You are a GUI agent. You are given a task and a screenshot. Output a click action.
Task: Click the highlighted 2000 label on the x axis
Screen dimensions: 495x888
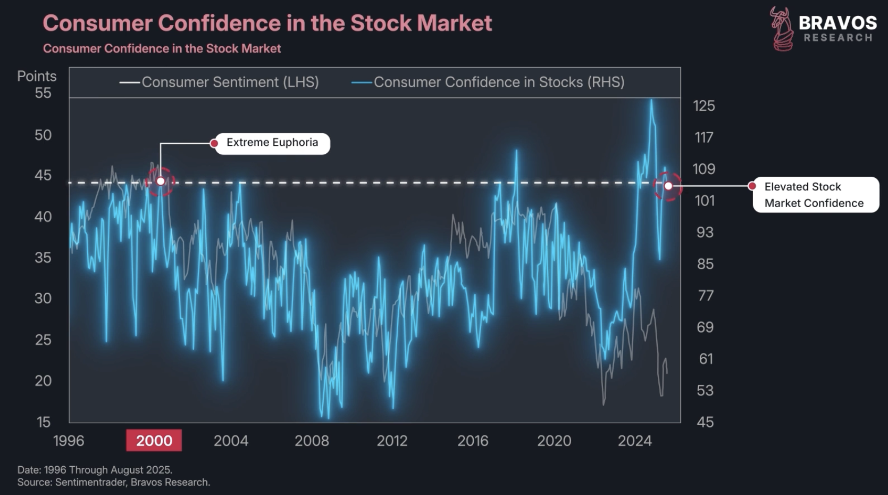[154, 441]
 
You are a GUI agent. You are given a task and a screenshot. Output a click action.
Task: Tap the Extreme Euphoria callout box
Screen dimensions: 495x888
[272, 143]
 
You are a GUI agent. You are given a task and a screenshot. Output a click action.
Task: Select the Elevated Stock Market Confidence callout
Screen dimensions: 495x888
[815, 195]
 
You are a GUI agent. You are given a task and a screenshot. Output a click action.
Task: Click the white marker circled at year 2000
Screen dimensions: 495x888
[161, 181]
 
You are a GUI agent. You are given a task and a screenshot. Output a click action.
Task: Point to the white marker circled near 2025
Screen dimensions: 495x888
[668, 186]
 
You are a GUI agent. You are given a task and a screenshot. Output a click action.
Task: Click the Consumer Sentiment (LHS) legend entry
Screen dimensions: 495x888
[230, 82]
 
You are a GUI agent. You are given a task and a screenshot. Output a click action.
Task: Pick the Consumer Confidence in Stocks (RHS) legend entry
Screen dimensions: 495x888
[499, 82]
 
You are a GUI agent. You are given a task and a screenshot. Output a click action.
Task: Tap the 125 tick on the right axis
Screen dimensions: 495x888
[703, 106]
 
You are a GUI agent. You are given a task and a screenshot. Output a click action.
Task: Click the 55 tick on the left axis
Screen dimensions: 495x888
[43, 93]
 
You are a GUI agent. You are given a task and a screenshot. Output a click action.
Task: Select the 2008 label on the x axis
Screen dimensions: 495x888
[312, 441]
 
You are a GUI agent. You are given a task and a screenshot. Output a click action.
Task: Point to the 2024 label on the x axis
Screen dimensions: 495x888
[634, 441]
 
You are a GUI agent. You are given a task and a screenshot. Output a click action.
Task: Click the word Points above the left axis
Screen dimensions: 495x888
[37, 76]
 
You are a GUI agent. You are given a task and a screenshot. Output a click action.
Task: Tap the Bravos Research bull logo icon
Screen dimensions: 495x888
[782, 29]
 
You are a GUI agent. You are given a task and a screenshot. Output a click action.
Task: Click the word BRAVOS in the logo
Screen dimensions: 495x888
[837, 23]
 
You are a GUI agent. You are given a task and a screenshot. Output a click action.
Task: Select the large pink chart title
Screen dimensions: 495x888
[267, 23]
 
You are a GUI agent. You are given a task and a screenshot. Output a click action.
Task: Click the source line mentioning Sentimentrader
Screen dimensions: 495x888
[114, 482]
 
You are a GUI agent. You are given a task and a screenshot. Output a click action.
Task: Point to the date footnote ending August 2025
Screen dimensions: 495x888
[95, 470]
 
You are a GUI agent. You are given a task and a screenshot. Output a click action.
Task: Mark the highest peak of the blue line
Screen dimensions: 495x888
[651, 101]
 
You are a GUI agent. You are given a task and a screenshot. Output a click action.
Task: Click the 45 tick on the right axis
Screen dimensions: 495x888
[705, 422]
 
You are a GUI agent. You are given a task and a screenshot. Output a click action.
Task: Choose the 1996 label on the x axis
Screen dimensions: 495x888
[69, 441]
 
